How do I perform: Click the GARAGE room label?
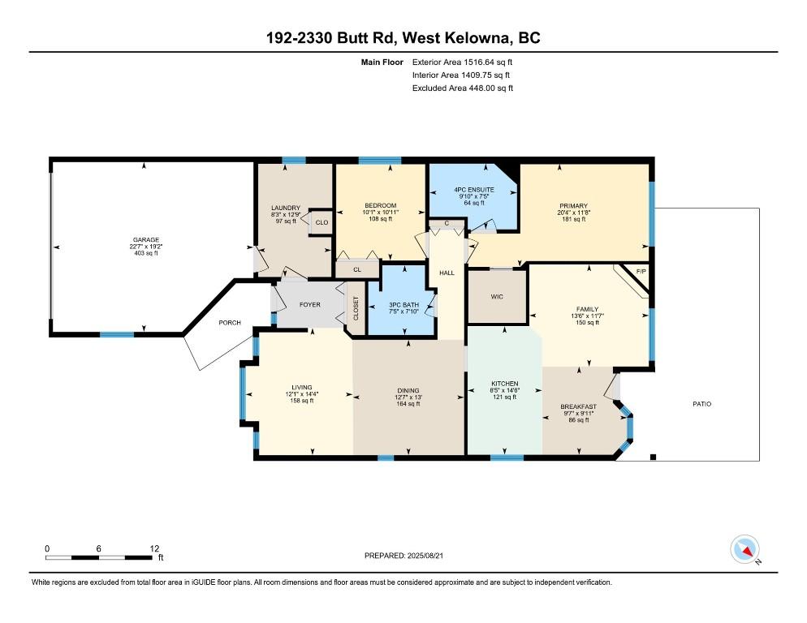pos(146,239)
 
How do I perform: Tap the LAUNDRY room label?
pos(286,207)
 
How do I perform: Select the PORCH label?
pos(230,322)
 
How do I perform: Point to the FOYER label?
pos(309,304)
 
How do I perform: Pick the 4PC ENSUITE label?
pos(474,189)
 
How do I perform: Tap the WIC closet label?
pos(497,296)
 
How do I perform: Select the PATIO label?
pos(701,403)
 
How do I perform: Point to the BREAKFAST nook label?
pos(578,406)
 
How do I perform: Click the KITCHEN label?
pos(504,383)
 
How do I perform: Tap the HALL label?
pos(447,273)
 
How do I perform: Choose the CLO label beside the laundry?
pos(322,222)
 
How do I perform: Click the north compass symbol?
pos(746,549)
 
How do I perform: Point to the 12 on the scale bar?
pos(154,548)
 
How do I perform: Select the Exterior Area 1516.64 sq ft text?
pos(463,62)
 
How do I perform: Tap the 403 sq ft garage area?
pos(146,254)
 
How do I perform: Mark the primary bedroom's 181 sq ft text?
pos(572,219)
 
